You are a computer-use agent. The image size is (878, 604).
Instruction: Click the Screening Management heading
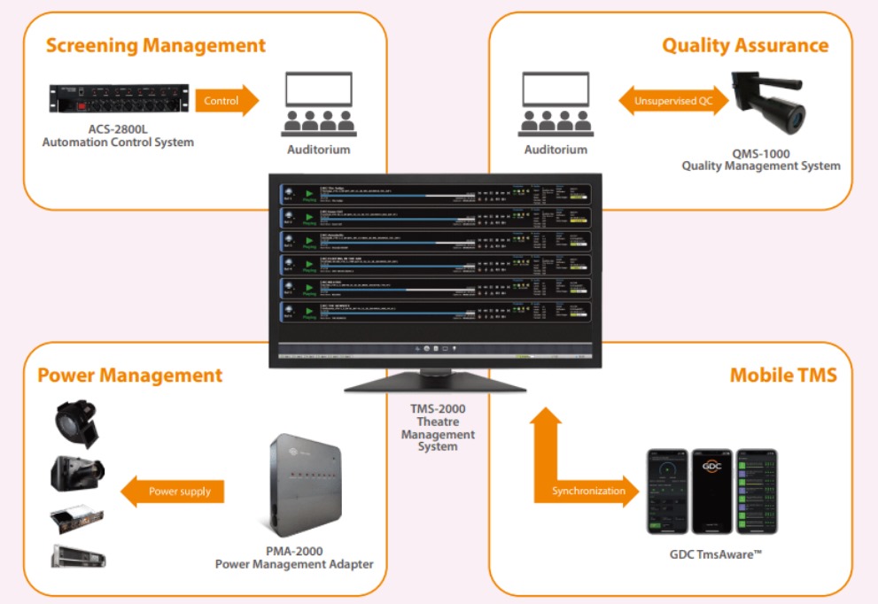pos(156,45)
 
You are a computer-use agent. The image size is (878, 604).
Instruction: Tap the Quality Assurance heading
pos(745,45)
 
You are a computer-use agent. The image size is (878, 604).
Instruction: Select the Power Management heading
pos(129,376)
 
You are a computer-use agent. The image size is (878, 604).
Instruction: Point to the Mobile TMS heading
pos(782,376)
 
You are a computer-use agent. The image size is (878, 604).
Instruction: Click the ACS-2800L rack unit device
pos(120,101)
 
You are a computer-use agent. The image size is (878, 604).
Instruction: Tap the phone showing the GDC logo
pos(712,491)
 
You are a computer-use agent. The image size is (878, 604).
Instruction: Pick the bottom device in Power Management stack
pos(78,556)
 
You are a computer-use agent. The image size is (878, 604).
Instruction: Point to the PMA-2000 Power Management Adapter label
pos(294,557)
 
